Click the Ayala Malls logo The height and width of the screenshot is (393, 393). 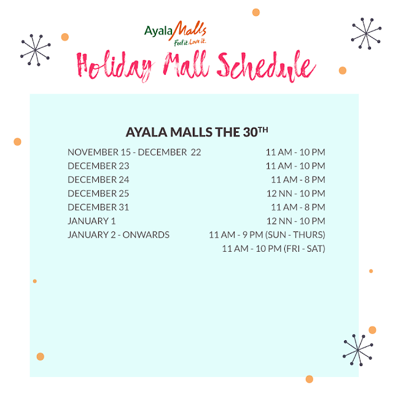pos(175,34)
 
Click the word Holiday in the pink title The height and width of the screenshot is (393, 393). pos(115,66)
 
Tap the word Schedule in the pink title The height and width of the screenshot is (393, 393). pos(266,66)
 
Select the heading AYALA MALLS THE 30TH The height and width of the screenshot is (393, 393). pos(196,132)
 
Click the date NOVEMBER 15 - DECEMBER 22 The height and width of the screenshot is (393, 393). pos(134,152)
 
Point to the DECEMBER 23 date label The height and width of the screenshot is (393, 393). pos(98,166)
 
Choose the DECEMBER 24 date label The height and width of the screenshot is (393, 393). pos(98,180)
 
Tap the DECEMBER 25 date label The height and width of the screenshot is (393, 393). pos(98,193)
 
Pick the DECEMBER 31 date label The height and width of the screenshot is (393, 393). pos(98,208)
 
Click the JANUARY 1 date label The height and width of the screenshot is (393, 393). pos(91,221)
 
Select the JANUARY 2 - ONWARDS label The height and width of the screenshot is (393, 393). pos(119,235)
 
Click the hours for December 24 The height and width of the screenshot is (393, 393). pos(298,180)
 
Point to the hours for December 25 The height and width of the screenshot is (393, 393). pos(296,193)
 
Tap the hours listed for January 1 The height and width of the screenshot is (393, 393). pos(296,221)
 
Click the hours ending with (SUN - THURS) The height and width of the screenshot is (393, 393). pos(267,235)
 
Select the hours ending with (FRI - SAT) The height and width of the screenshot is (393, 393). pos(274,249)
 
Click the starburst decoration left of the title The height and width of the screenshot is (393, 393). pos(36,50)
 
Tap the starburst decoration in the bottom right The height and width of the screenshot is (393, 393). pos(357,349)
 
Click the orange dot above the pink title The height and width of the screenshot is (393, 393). pos(256,12)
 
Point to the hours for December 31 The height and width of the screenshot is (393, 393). pos(298,208)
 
